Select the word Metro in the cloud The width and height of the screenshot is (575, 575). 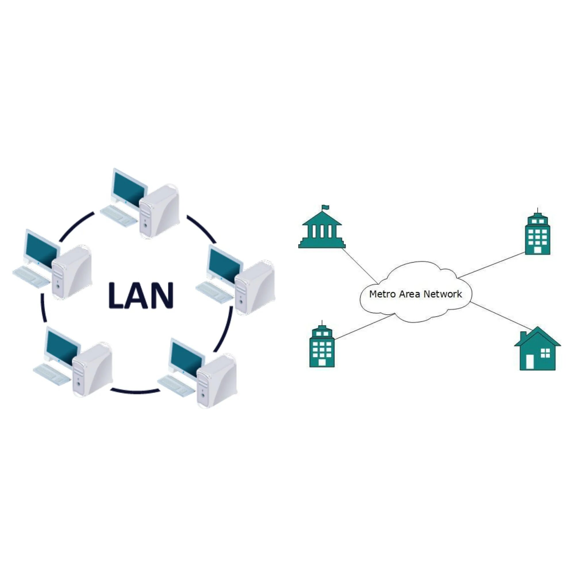coord(382,294)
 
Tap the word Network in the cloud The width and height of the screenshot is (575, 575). coord(442,294)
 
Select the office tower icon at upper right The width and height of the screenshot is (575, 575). coord(538,235)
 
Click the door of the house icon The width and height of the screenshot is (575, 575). coord(530,362)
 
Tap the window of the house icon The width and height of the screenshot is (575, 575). coord(545,353)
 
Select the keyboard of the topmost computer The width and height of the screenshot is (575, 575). coord(118,215)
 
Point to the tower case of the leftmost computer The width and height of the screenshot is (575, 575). coord(71,272)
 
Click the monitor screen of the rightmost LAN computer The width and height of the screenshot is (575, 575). coord(225,266)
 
